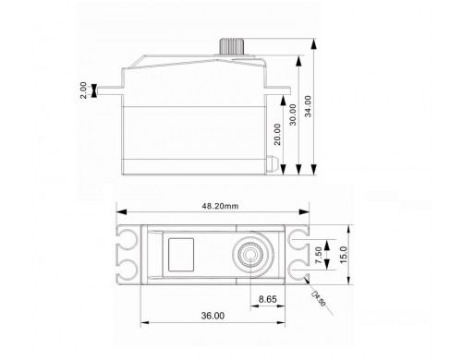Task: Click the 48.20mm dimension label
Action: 220,206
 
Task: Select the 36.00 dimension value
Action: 213,316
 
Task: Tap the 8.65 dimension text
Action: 267,299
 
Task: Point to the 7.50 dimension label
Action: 319,255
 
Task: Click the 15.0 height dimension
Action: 343,255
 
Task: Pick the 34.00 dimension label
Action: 308,106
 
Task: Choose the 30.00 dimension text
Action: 293,114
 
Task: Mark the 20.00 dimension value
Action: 277,134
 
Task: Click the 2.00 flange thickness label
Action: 83,90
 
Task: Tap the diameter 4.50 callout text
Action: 319,298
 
